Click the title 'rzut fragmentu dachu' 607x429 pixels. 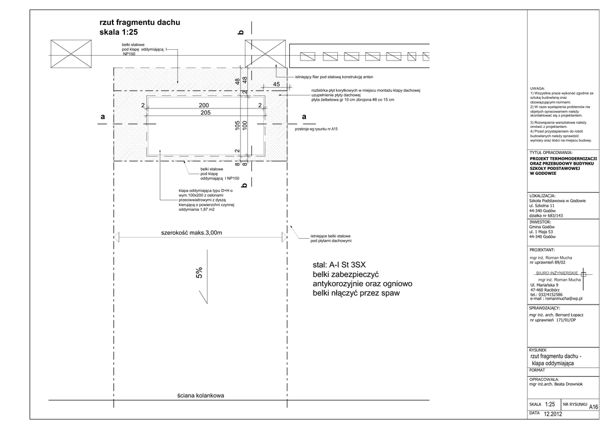pyautogui.click(x=140, y=23)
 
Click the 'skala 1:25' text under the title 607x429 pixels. pyautogui.click(x=119, y=33)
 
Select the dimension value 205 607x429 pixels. pyautogui.click(x=206, y=113)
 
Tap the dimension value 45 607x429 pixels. pyautogui.click(x=276, y=85)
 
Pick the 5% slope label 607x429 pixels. pyautogui.click(x=200, y=273)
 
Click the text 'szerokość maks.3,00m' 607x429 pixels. pyautogui.click(x=191, y=233)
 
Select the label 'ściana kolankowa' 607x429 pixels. pyautogui.click(x=200, y=396)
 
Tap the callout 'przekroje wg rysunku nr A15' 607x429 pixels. pyautogui.click(x=316, y=129)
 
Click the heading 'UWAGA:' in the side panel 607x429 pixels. pyautogui.click(x=538, y=88)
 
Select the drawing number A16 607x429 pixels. pyautogui.click(x=593, y=406)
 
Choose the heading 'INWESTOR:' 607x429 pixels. pyautogui.click(x=541, y=222)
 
